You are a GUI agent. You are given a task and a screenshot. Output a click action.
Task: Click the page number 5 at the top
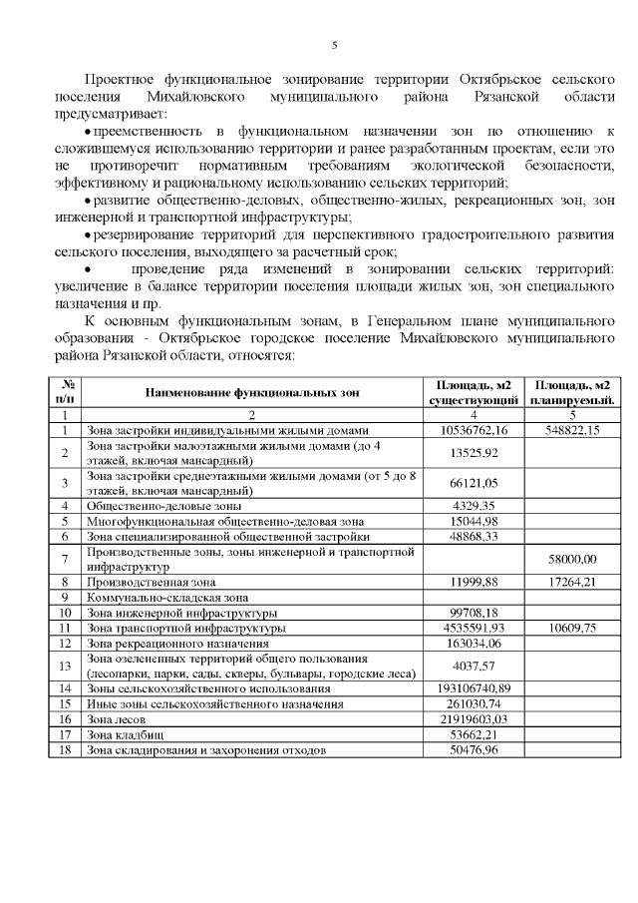coord(334,45)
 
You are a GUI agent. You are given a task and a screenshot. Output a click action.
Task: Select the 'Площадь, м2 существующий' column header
coord(474,393)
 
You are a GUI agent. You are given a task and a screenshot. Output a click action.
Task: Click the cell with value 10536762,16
coord(474,430)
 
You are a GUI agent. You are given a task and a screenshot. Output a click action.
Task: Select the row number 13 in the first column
coord(65,666)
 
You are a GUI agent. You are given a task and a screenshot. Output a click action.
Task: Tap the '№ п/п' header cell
coord(65,393)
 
